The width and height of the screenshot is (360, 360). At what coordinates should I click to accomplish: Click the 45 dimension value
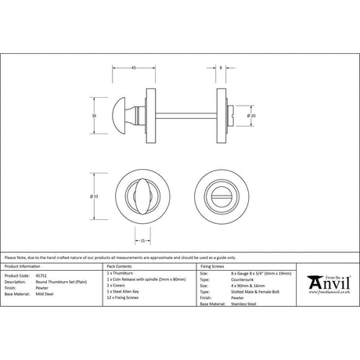(x=134, y=69)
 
